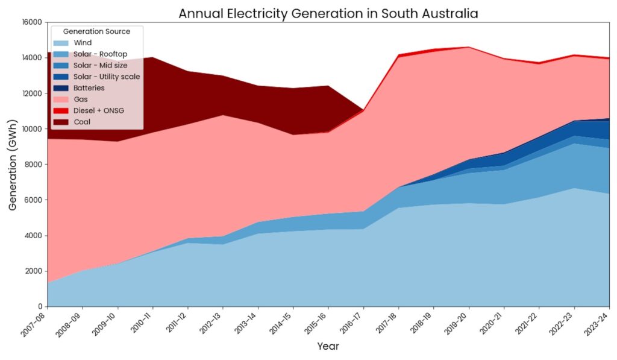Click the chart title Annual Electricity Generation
point(328,13)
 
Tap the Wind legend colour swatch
point(61,43)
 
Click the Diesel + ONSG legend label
point(98,110)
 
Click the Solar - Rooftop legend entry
point(100,54)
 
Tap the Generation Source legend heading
point(96,31)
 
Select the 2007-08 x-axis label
point(37,324)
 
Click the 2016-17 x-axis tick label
point(352,324)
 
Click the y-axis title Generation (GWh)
point(13,164)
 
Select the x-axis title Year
point(328,347)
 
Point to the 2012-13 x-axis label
point(212,324)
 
